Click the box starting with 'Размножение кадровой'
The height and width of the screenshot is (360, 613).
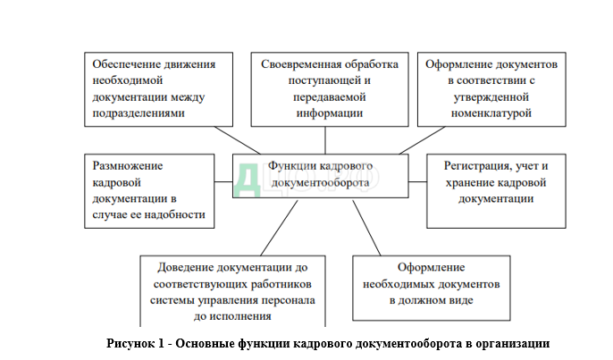click(x=150, y=189)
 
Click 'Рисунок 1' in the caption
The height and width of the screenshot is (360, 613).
click(x=135, y=344)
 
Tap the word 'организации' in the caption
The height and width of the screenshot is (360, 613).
click(x=516, y=344)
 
